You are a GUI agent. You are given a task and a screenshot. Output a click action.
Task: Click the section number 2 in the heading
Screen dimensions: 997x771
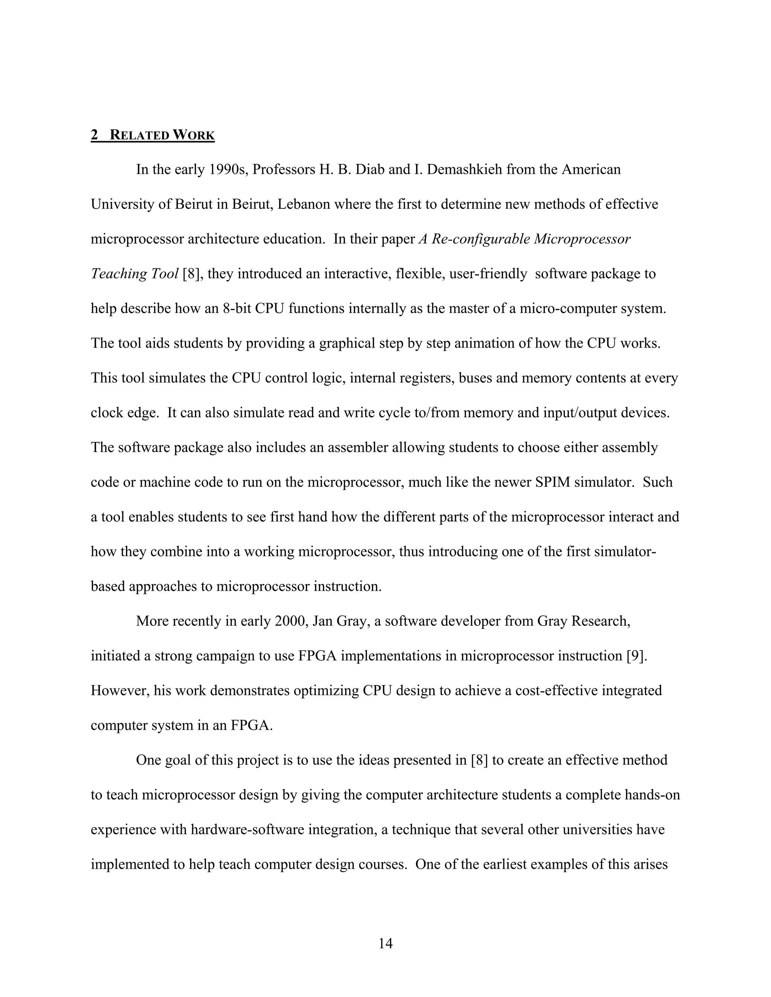94,135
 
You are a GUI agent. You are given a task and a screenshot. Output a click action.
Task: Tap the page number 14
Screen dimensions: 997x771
385,940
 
